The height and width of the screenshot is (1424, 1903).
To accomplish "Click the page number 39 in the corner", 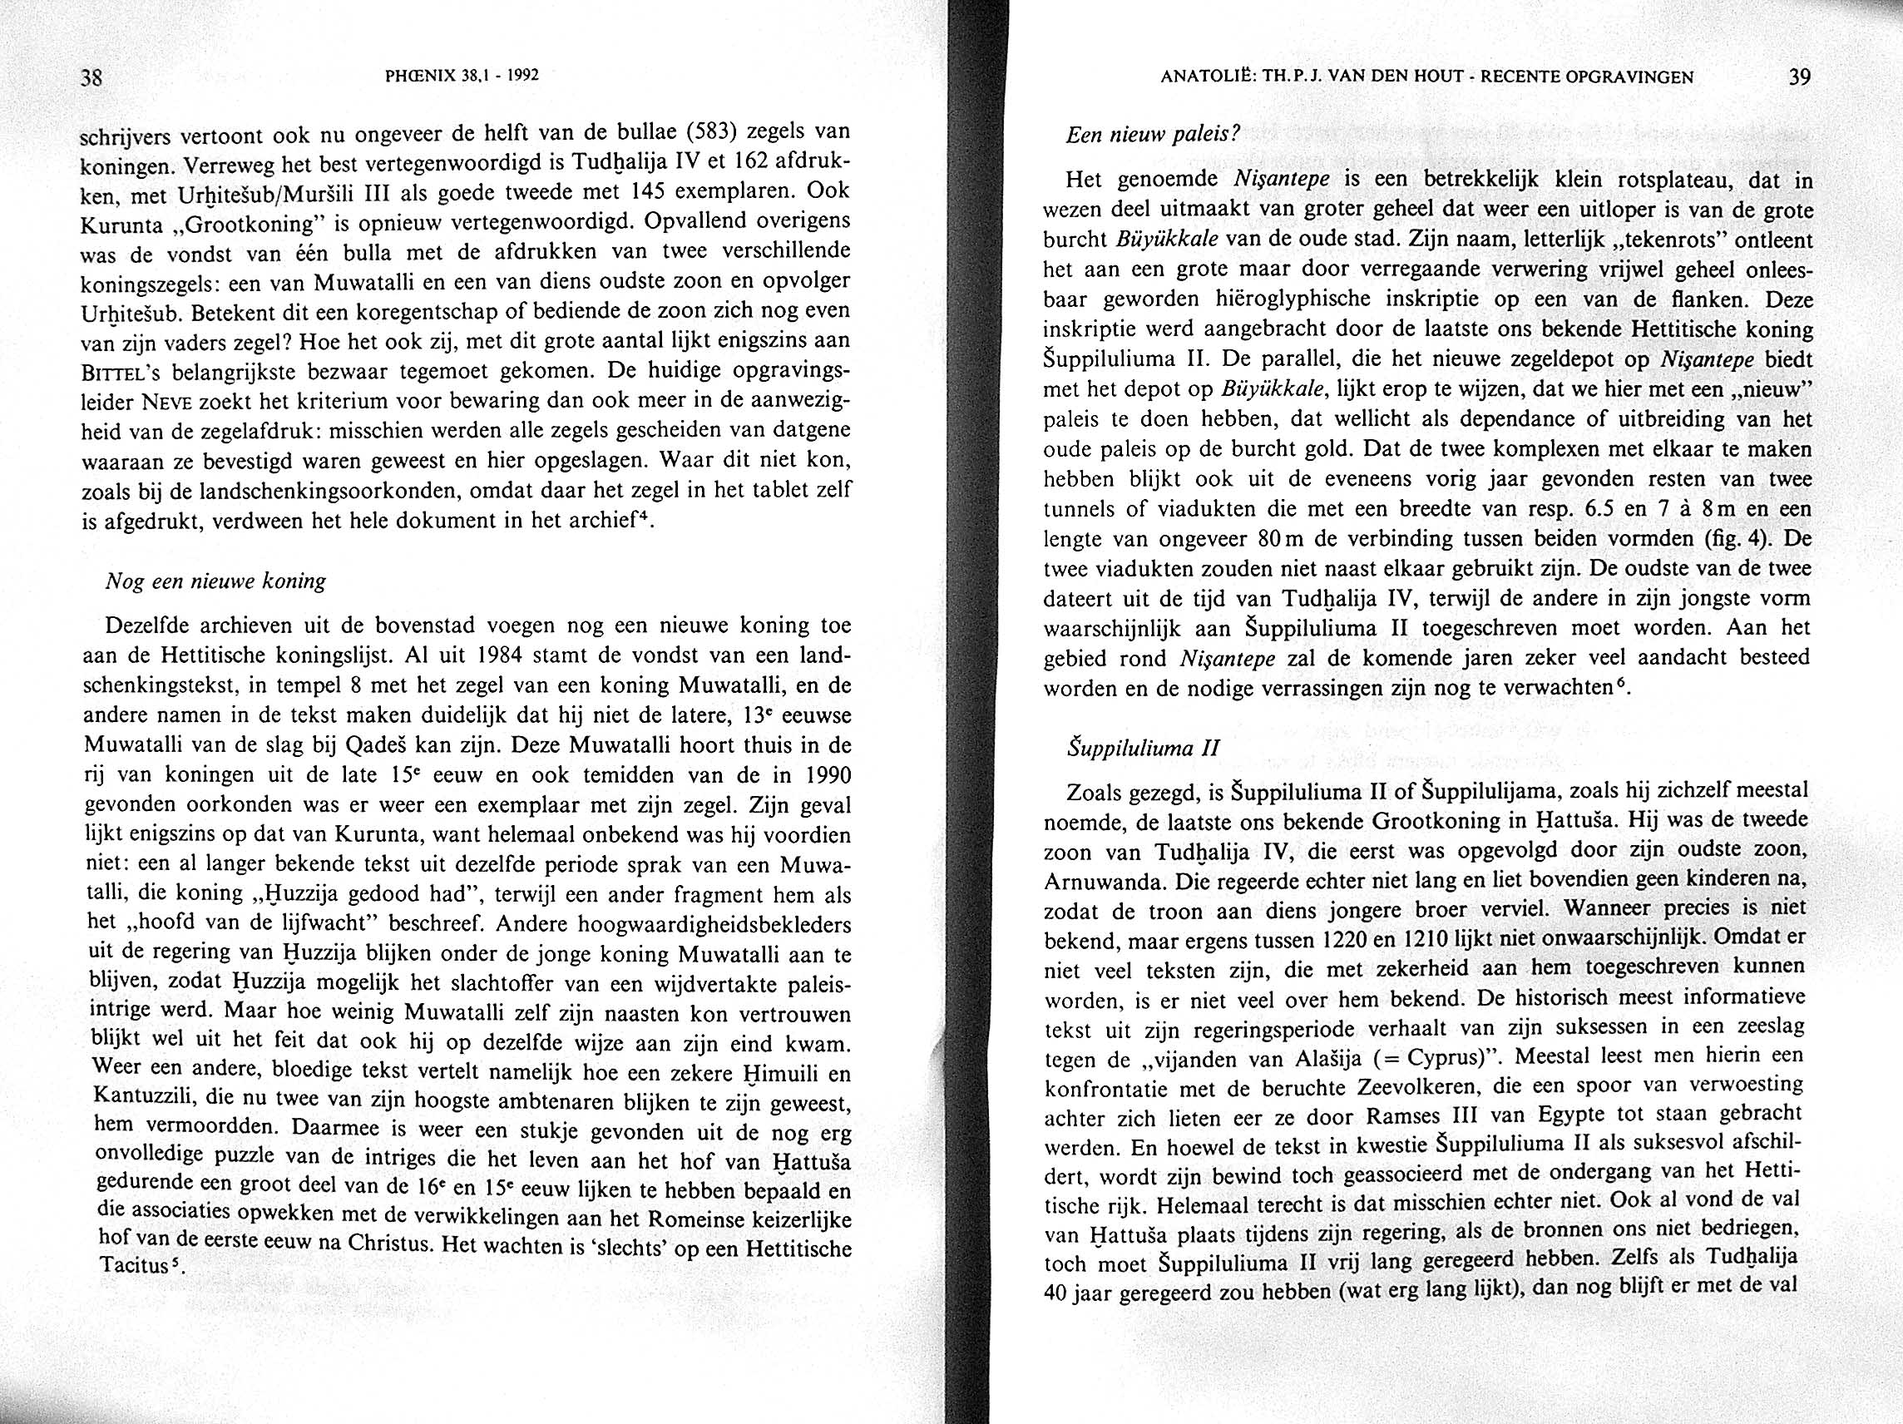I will pyautogui.click(x=1799, y=77).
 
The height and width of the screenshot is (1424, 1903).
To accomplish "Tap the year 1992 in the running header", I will pyautogui.click(x=522, y=75).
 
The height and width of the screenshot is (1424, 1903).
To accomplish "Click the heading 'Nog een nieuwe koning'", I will pyautogui.click(x=215, y=581).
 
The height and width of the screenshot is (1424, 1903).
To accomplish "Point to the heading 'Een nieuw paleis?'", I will pyautogui.click(x=1152, y=135).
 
